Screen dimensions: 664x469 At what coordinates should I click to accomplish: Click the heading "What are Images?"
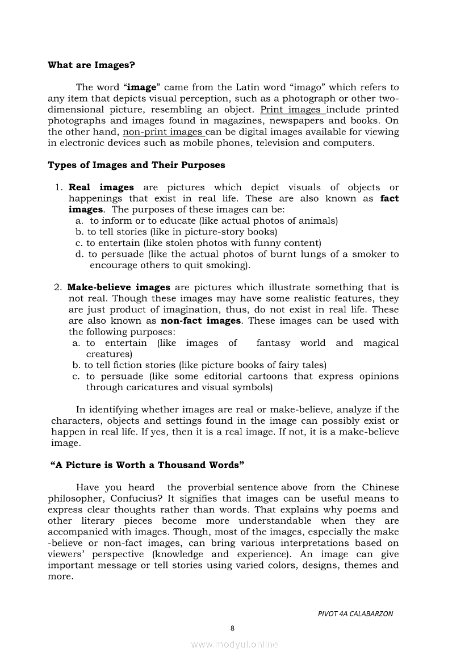point(91,65)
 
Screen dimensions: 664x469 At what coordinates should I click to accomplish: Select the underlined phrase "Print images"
point(292,110)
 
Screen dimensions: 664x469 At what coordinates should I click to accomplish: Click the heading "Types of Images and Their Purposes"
point(136,165)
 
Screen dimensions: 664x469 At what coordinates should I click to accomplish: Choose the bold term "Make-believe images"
point(119,287)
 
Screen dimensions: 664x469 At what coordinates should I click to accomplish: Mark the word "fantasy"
point(273,343)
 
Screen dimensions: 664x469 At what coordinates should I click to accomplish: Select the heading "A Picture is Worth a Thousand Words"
point(148,465)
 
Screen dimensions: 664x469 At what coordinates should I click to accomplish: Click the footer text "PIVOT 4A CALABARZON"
point(355,613)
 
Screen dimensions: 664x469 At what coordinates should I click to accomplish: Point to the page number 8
point(233,628)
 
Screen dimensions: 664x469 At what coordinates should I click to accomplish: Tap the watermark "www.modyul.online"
point(235,644)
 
